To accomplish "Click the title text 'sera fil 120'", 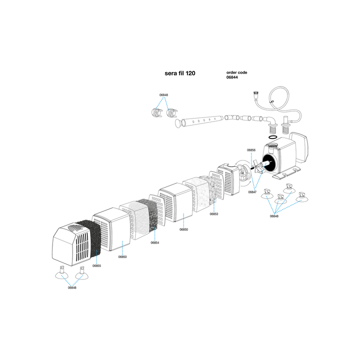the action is tap(180, 73).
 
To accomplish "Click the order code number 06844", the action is tap(232, 77).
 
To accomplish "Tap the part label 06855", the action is tap(96, 266).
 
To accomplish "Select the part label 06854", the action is tap(154, 242).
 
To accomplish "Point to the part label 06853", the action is tap(214, 214).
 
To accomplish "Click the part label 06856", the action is tap(251, 150).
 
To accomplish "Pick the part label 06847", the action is tap(252, 192).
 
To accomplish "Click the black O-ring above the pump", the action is tap(273, 137).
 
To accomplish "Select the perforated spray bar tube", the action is tap(202, 120).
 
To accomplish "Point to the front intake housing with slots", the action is tap(70, 244).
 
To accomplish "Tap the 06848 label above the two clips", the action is tap(163, 95).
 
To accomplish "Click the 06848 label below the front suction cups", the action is tap(72, 287).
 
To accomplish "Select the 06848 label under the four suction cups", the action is tap(274, 216).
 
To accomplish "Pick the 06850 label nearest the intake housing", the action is tap(122, 257).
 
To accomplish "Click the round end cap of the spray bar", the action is tap(178, 123).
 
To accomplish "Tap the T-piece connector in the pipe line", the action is tap(232, 118).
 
